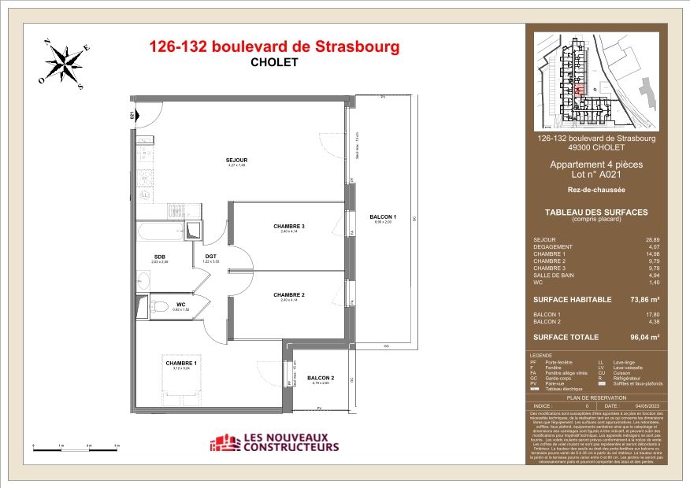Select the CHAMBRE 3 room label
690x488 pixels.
[289, 227]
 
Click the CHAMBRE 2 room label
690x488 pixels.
[289, 295]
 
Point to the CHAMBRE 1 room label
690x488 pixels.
[181, 362]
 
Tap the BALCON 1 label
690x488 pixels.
[384, 217]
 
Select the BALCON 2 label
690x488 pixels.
[321, 378]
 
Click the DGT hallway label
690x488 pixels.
[211, 256]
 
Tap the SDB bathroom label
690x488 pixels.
[160, 256]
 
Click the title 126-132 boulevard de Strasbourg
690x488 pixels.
[274, 46]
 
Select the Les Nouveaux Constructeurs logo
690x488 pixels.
[274, 443]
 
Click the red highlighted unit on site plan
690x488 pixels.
[581, 90]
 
